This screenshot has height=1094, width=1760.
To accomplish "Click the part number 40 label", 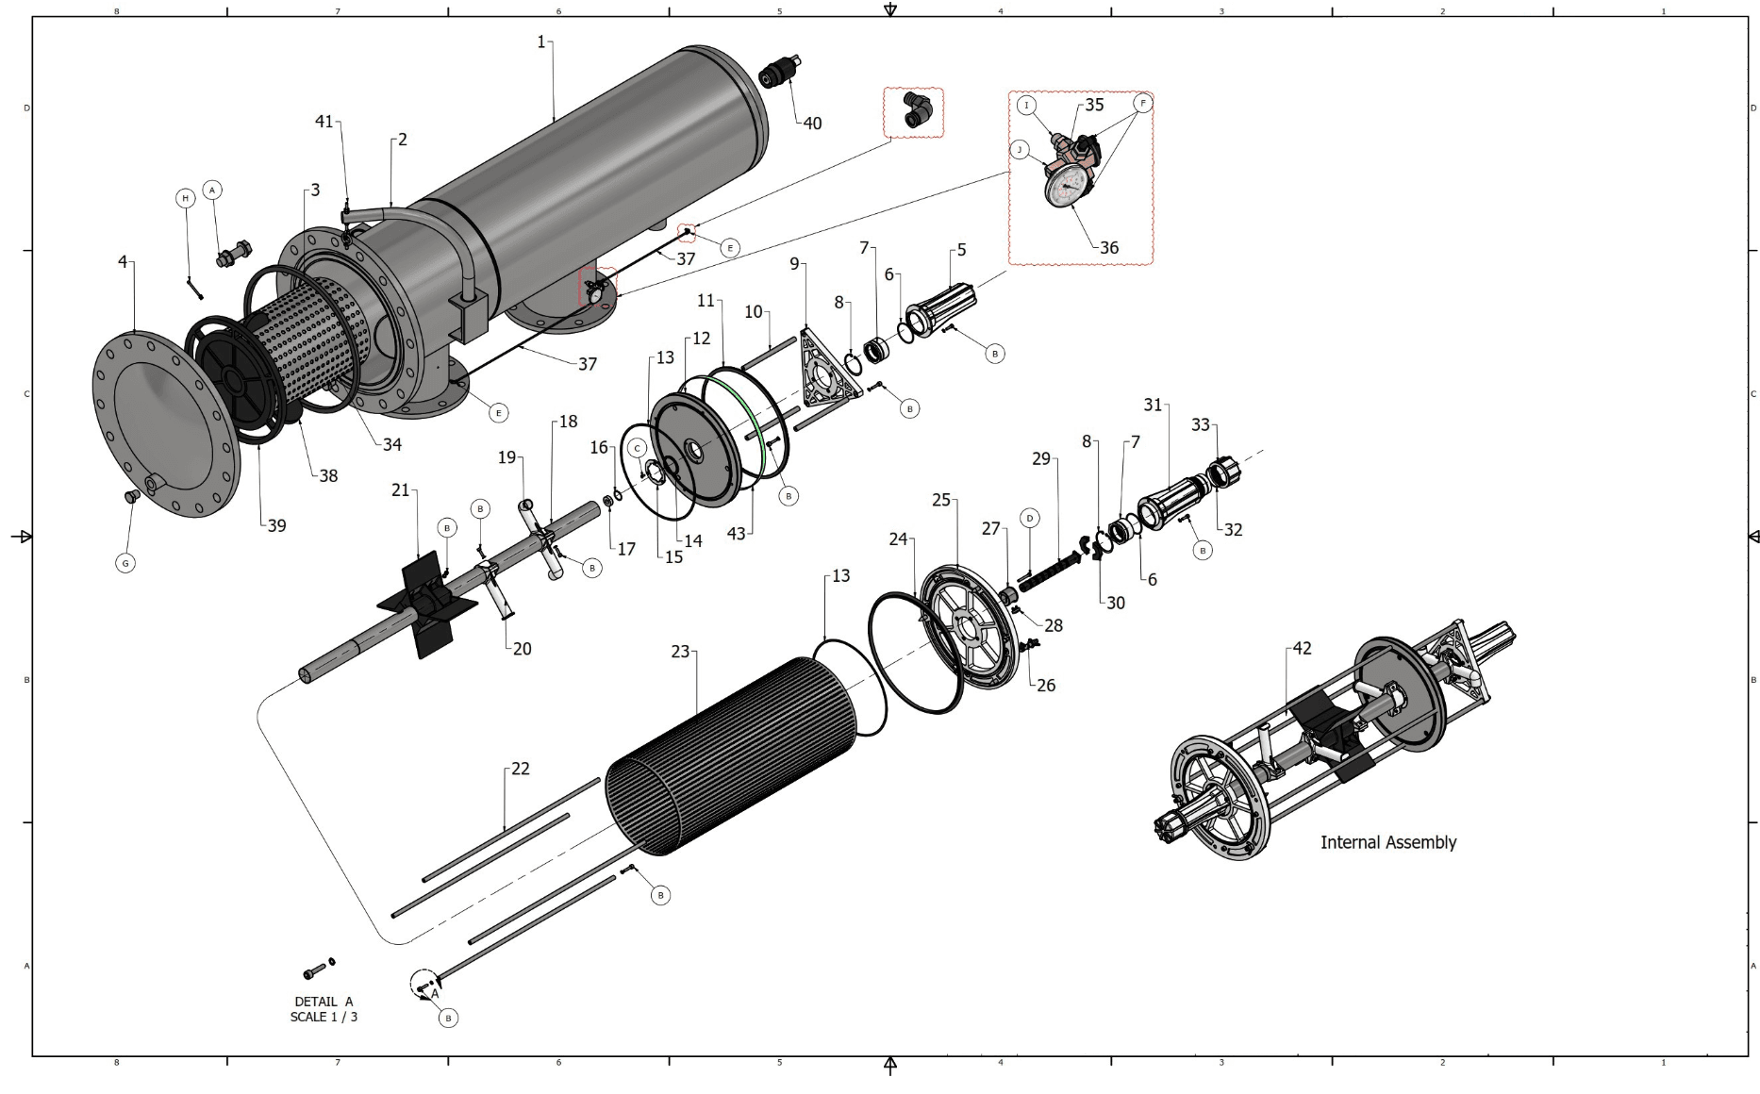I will pos(812,124).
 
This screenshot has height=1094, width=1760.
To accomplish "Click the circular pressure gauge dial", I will pos(1067,188).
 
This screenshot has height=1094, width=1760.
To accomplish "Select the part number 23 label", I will pos(680,652).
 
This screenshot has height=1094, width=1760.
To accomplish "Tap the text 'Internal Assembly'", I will pos(1387,842).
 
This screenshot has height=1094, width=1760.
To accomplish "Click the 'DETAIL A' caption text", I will pos(324,1002).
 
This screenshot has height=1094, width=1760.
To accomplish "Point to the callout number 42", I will pos(1302,649).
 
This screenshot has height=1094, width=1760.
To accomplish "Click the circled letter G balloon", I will pos(125,563).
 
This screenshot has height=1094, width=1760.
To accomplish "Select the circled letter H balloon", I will pos(186,198).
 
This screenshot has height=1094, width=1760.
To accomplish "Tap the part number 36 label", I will pos(1109,248).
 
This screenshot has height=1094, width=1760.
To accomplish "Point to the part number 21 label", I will pos(401,490).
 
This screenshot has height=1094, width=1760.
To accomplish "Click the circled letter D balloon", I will pos(1030,518).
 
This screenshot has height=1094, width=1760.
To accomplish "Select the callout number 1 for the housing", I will pos(541,41).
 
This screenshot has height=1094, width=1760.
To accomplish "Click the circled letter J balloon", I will pos(1019,150).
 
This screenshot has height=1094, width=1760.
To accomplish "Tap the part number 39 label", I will pos(276,526).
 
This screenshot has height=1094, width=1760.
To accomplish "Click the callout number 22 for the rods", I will pos(521,769).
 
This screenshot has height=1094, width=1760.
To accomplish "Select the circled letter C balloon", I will pos(638,448).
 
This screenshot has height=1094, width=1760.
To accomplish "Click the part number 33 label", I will pos(1200,425).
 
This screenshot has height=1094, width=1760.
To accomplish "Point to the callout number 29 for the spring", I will pos(1040,458).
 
